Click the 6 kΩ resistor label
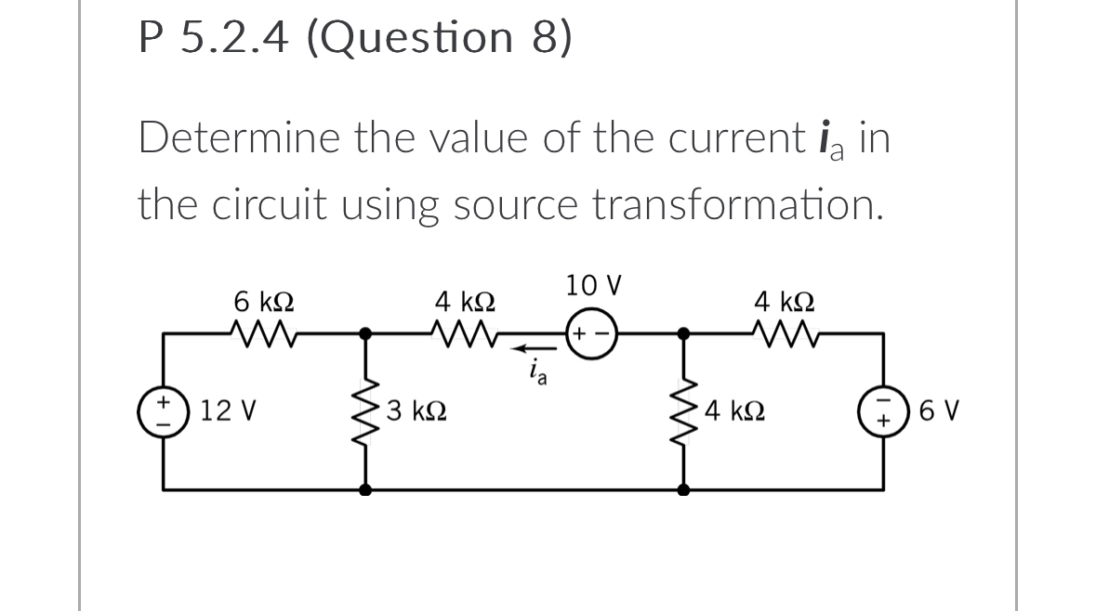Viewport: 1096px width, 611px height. (x=265, y=302)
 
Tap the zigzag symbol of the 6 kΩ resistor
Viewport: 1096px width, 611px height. (x=264, y=332)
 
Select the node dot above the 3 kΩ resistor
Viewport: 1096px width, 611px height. (x=365, y=332)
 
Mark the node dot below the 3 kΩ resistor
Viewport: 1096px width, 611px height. (x=365, y=488)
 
